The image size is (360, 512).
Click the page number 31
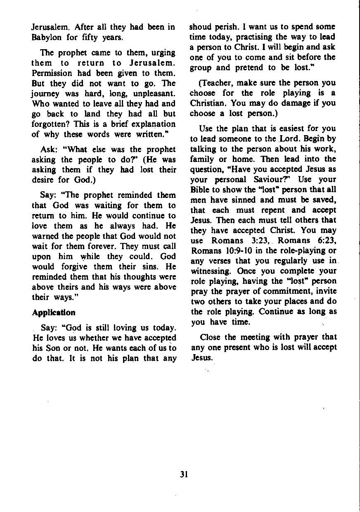click(x=184, y=475)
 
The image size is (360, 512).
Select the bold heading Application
click(x=54, y=312)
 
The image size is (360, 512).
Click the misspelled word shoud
click(x=200, y=27)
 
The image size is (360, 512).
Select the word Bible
click(x=200, y=190)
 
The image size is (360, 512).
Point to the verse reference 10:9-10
click(x=235, y=250)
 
